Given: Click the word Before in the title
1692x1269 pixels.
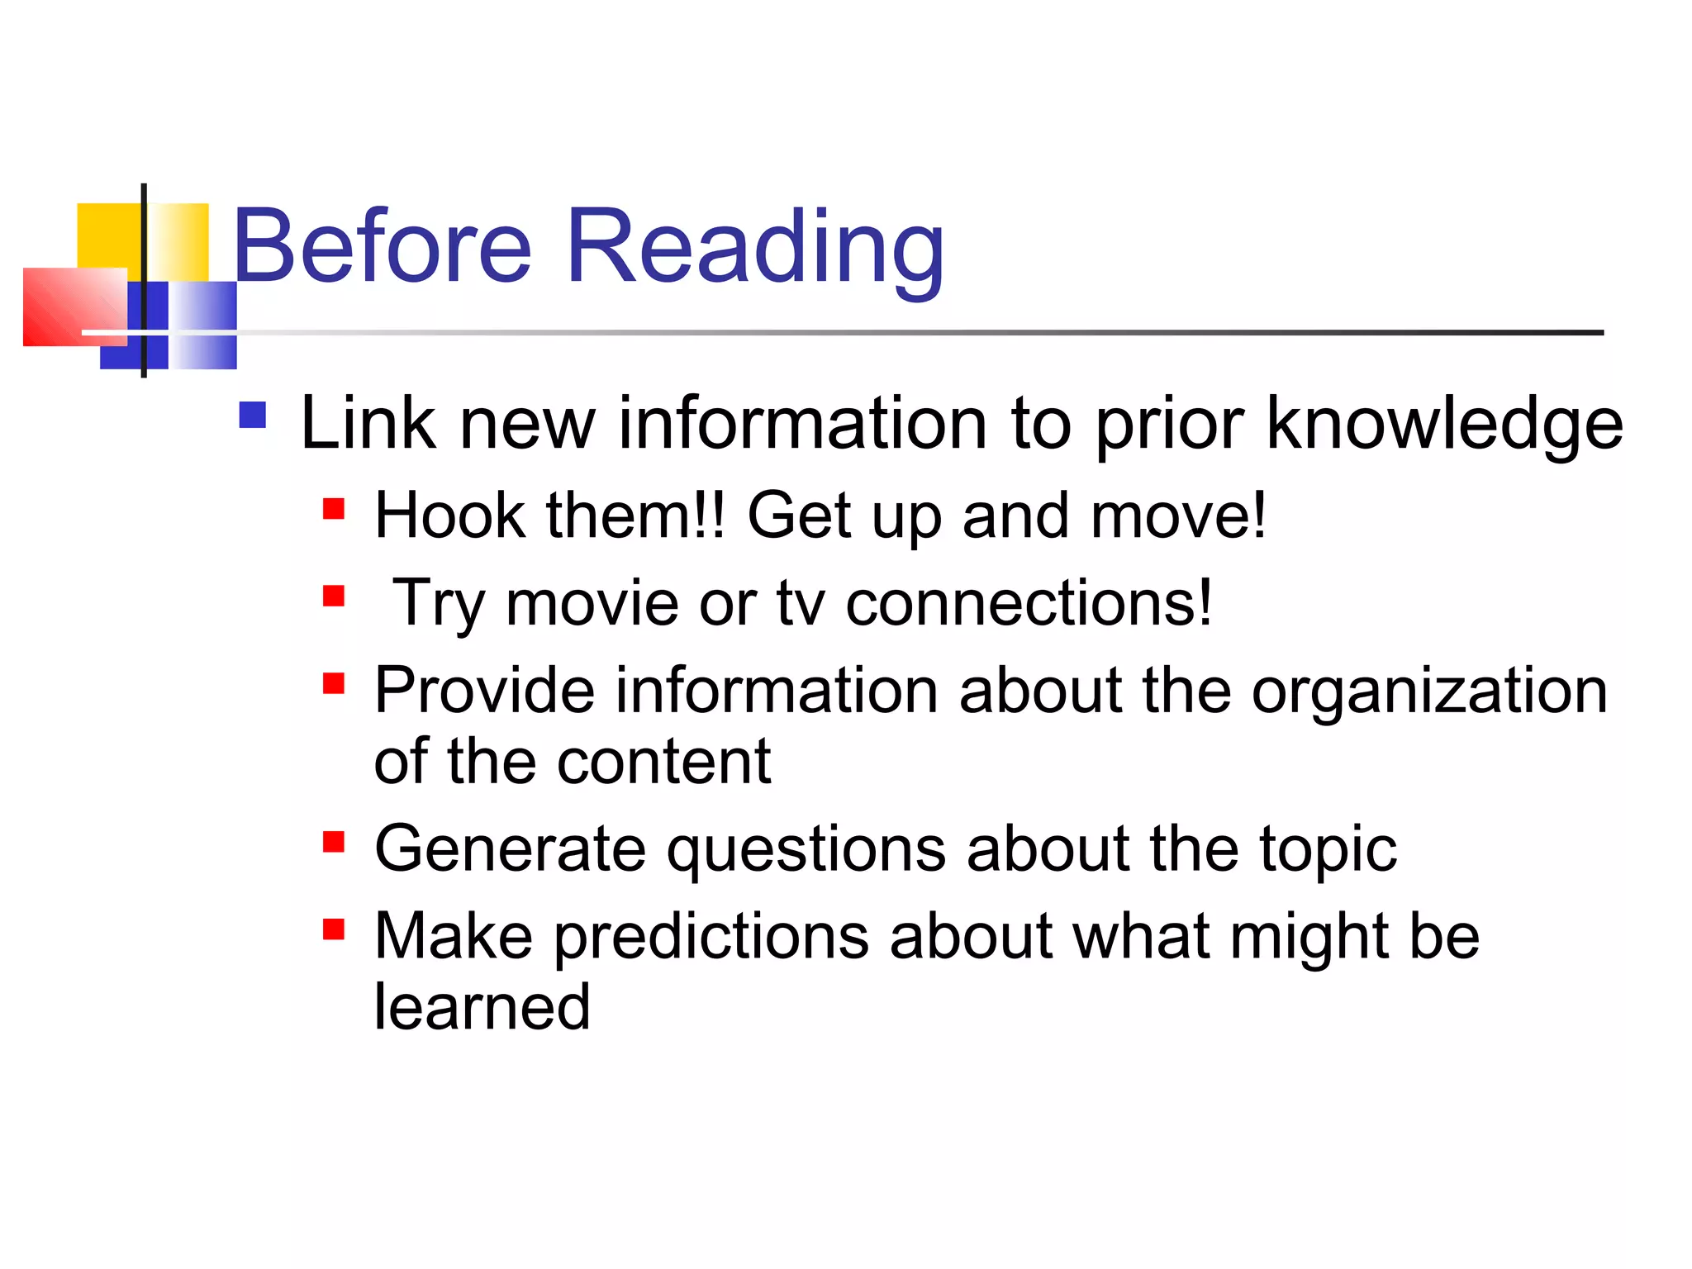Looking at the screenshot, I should (x=382, y=246).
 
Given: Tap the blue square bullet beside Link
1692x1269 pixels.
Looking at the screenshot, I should (x=252, y=415).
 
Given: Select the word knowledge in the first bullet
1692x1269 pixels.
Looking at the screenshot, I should (x=1444, y=425).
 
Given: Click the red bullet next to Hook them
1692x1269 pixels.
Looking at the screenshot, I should (x=333, y=508).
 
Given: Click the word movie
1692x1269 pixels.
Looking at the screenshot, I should (x=592, y=603).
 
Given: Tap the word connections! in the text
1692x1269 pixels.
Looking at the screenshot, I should (x=1029, y=603).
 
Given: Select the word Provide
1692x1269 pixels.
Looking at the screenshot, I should (x=484, y=691).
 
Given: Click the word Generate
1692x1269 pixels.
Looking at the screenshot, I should (x=510, y=849).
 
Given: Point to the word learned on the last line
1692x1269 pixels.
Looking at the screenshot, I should (x=482, y=1007).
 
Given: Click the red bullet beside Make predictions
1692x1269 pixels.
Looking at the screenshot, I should (x=333, y=929).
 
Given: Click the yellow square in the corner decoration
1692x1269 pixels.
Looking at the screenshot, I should (x=107, y=235).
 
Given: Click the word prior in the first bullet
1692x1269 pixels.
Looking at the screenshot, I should (x=1169, y=425).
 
